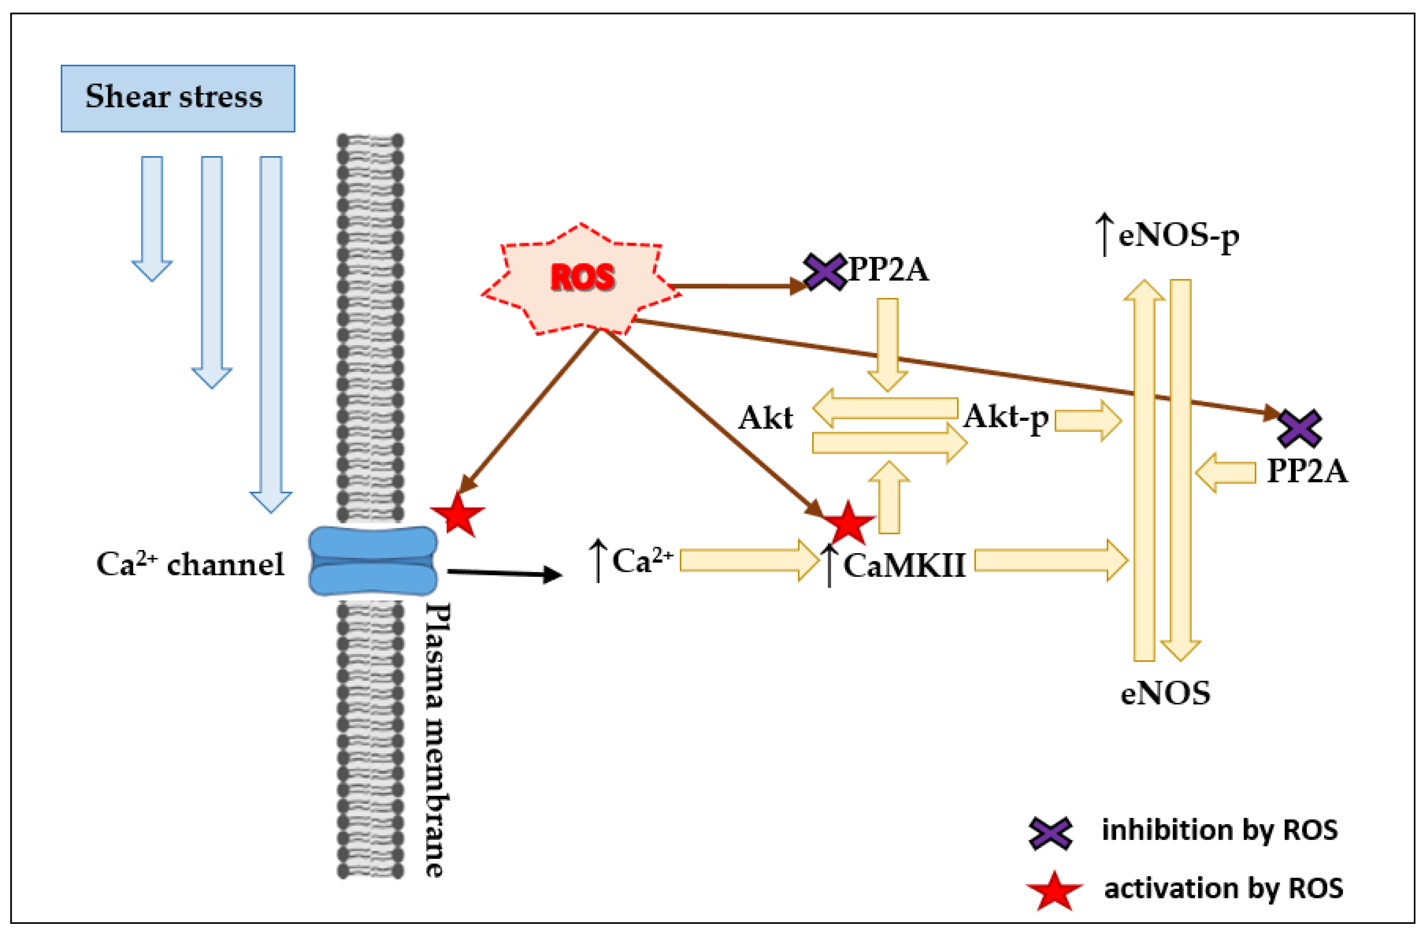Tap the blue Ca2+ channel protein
point(373,561)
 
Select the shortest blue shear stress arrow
point(152,216)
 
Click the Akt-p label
point(1005,418)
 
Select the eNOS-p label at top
point(1178,236)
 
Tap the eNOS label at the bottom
point(1165,693)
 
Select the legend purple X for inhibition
point(1050,832)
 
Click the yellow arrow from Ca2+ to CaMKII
point(749,560)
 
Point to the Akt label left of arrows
point(765,418)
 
